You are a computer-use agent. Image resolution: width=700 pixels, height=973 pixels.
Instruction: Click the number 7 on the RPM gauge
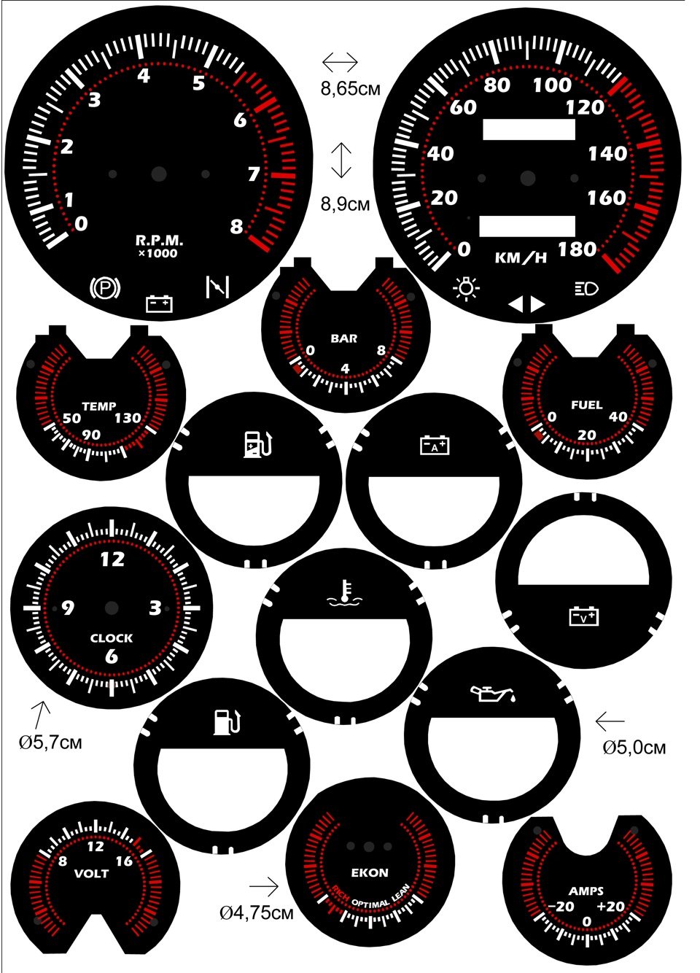(254, 174)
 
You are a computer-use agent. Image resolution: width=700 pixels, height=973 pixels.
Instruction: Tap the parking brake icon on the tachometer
(105, 287)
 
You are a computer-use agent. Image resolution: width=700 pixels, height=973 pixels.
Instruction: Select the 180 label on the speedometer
(577, 249)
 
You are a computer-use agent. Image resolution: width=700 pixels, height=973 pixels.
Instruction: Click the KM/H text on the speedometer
(521, 258)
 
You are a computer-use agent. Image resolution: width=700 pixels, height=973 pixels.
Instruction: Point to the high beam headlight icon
(587, 288)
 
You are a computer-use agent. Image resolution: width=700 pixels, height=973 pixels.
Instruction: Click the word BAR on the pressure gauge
(344, 338)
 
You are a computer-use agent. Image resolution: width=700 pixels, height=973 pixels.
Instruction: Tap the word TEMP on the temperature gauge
(99, 406)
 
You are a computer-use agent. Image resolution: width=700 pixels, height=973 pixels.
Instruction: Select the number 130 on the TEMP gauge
(128, 419)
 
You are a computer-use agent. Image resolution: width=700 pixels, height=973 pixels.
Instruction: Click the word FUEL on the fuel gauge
(587, 406)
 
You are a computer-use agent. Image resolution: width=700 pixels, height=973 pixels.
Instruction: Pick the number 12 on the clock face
(112, 559)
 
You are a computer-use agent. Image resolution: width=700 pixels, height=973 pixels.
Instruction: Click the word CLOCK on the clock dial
(112, 638)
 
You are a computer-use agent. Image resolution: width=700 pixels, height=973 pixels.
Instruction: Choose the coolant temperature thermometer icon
(344, 592)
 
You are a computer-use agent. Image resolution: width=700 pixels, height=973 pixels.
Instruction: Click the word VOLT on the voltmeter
(91, 874)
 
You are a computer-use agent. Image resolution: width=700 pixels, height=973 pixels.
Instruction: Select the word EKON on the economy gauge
(370, 872)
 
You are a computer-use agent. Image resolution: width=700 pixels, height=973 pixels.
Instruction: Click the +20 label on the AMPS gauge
(610, 907)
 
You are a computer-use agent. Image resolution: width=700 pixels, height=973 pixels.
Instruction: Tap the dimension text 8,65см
(351, 89)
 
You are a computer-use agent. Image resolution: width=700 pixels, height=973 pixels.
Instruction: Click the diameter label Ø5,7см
(50, 743)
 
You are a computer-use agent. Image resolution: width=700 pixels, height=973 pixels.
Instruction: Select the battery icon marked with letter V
(584, 616)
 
